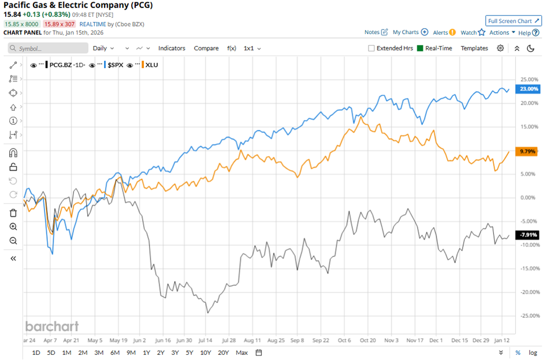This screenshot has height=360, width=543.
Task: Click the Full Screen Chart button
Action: (x=513, y=21)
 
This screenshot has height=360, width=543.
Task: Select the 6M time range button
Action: (x=114, y=352)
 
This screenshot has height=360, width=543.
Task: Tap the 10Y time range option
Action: (x=206, y=352)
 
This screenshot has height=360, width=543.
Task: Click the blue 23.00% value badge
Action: (x=530, y=89)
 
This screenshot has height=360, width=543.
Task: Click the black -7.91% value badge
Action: (x=529, y=235)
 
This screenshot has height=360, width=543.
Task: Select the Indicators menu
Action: (x=172, y=48)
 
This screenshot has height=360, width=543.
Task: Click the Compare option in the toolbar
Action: (x=206, y=48)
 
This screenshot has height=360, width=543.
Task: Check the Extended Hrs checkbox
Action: (x=371, y=49)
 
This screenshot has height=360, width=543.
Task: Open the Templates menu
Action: (x=474, y=48)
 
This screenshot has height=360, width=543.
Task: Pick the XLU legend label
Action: (x=152, y=65)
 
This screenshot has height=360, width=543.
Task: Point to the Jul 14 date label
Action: (x=206, y=341)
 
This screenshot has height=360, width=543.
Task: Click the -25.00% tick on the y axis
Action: (x=529, y=316)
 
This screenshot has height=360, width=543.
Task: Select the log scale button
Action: (x=533, y=352)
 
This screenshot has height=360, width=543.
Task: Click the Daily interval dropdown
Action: (x=103, y=48)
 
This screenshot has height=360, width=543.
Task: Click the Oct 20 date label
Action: (x=367, y=341)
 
